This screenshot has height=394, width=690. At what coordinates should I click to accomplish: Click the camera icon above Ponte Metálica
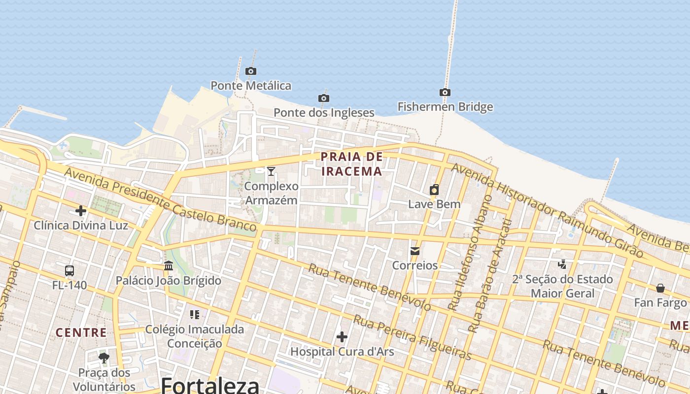251,71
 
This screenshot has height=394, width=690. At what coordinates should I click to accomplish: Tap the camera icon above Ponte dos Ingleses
323,98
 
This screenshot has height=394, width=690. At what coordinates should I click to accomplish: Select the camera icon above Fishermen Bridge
445,93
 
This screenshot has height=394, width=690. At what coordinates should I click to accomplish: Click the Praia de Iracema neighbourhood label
351,164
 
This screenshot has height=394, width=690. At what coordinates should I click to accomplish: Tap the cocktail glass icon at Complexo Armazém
271,171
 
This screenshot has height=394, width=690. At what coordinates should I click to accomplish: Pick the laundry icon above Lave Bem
434,190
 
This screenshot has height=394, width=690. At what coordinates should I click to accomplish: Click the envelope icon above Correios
414,251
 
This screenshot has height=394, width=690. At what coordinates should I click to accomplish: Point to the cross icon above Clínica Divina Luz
80,211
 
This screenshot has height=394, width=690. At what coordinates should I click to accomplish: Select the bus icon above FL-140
69,271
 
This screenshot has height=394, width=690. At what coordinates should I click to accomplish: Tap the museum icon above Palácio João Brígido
169,266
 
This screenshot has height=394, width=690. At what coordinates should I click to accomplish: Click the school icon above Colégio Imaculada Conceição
194,314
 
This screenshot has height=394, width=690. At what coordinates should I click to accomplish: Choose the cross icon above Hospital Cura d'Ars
342,337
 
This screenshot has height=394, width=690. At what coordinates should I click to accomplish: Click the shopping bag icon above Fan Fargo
660,288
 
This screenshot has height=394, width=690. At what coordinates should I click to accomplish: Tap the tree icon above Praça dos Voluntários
103,358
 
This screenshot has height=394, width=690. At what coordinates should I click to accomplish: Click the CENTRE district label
81,332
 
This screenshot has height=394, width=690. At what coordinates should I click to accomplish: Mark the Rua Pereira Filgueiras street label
413,337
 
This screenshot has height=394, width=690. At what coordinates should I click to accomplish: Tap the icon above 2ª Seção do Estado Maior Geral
562,264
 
